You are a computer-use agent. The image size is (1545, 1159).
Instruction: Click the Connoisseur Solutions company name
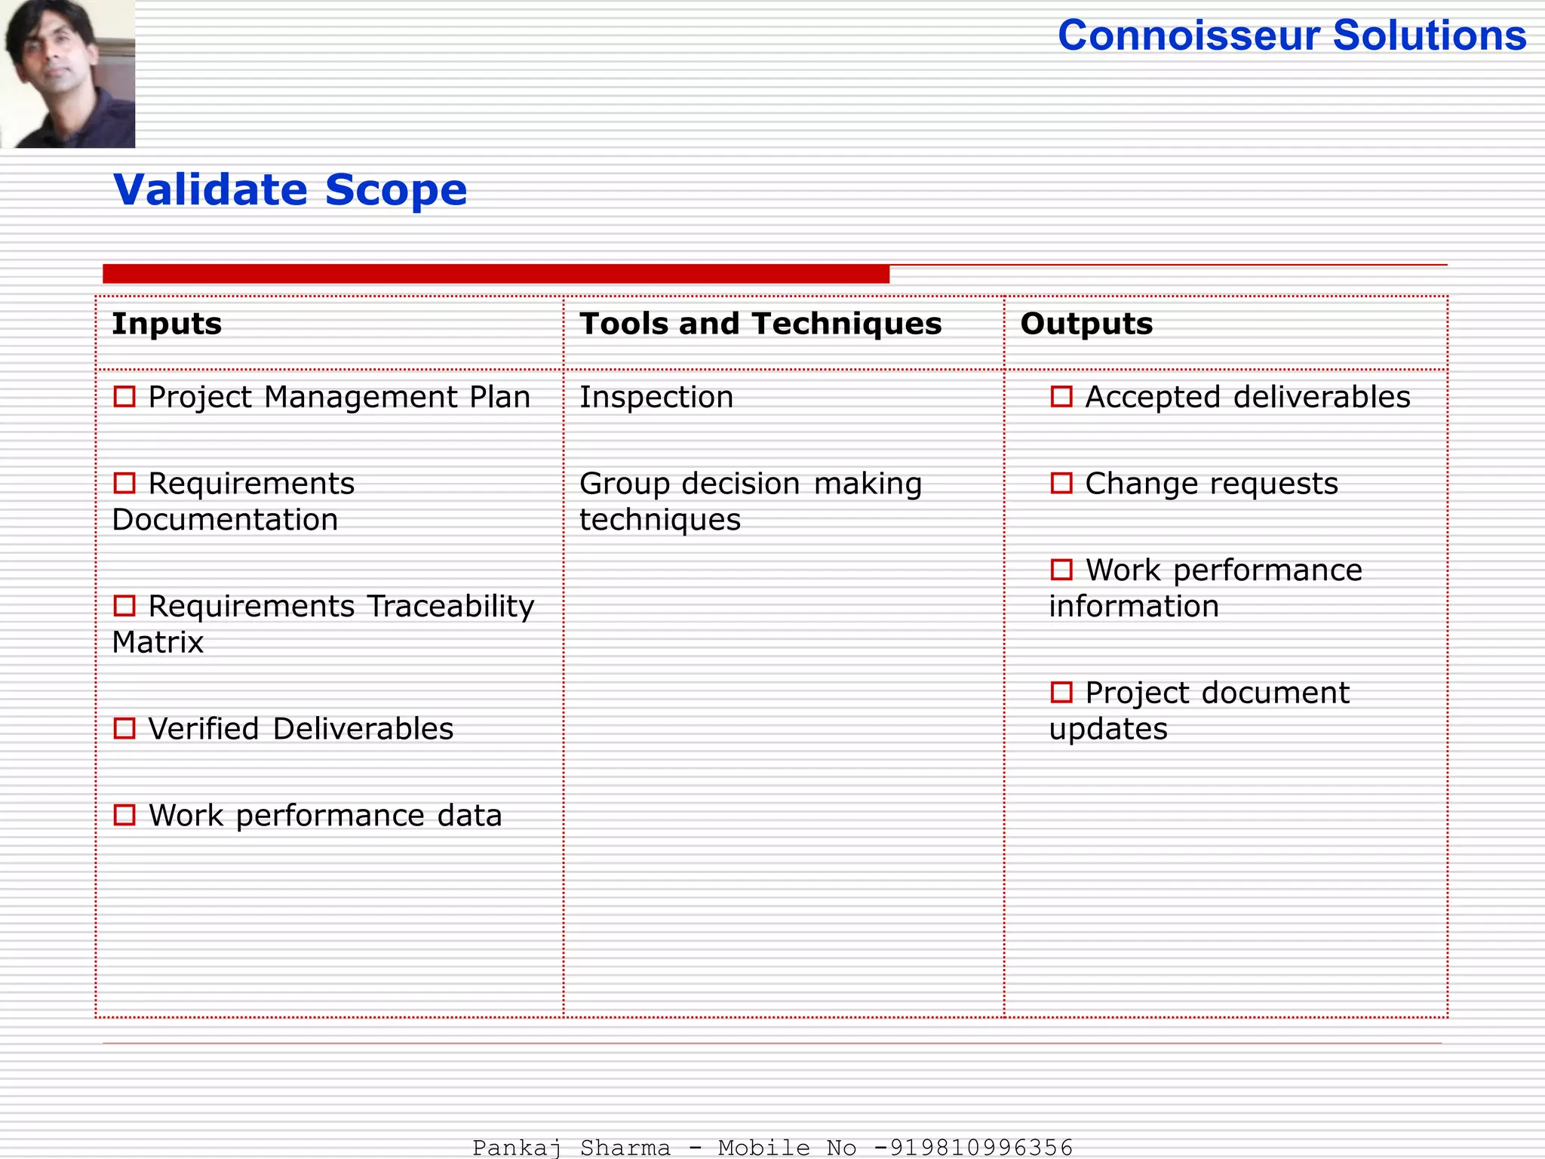pos(1292,35)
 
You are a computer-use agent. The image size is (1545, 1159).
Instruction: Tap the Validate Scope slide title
pos(290,189)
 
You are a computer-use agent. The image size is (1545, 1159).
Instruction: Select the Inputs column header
pos(167,324)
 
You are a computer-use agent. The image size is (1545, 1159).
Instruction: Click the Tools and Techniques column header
pos(760,324)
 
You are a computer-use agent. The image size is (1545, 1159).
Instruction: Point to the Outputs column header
pos(1086,324)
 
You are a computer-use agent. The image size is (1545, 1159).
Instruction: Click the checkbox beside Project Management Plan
pos(124,397)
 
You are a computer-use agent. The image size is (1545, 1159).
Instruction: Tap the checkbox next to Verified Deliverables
pos(124,729)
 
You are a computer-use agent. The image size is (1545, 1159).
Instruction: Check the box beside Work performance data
pos(124,815)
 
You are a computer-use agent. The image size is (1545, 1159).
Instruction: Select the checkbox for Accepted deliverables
pos(1061,397)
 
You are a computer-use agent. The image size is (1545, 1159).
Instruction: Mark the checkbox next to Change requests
pos(1061,483)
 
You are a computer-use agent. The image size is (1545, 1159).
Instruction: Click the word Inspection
pos(656,398)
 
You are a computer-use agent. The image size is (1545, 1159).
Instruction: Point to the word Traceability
pos(451,607)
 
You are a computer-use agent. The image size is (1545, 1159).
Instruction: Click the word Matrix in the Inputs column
pos(158,643)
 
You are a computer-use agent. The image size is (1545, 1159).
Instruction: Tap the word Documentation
pos(225,520)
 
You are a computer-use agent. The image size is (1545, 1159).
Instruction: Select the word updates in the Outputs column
pos(1108,730)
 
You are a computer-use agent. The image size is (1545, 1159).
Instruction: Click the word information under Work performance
pos(1134,607)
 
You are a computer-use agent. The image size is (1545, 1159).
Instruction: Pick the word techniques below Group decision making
pos(660,520)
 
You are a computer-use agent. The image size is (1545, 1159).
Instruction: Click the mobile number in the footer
pos(981,1148)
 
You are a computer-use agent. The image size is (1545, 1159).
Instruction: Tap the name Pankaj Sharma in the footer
pos(571,1148)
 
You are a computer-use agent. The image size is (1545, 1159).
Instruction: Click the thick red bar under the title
pos(496,274)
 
